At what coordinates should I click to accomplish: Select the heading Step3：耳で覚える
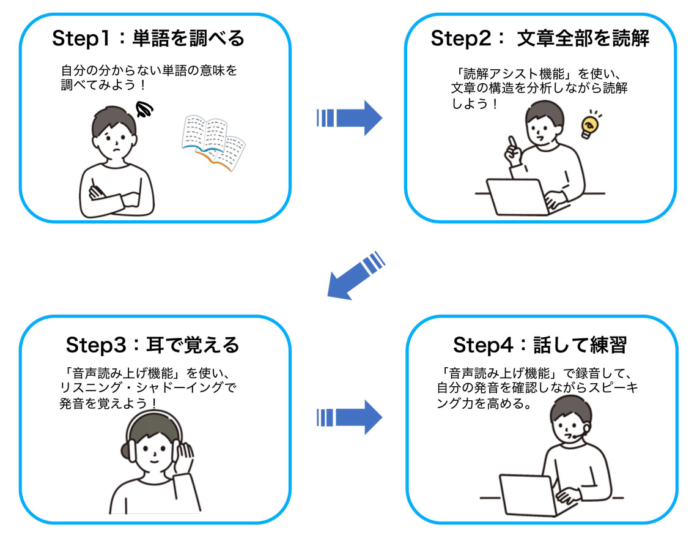click(152, 345)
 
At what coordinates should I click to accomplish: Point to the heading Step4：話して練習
click(540, 345)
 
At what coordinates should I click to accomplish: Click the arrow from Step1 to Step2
click(350, 117)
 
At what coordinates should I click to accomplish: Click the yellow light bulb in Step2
click(589, 125)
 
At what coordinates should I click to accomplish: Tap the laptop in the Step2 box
click(514, 196)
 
